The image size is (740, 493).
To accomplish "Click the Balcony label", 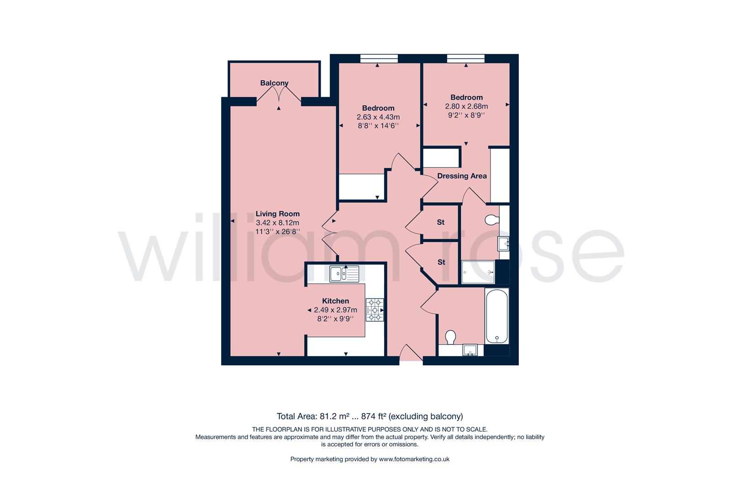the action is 274,83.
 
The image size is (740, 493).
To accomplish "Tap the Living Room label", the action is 278,214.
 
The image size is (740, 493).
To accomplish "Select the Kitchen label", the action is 335,301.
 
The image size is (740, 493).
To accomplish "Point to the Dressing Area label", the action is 462,176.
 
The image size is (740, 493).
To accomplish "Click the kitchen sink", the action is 344,274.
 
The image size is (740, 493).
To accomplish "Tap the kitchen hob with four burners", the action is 375,310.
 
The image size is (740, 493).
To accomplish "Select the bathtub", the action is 497,316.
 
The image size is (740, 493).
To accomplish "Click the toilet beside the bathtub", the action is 450,337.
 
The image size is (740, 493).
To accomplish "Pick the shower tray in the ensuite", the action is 478,272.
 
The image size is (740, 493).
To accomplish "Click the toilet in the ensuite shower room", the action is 492,220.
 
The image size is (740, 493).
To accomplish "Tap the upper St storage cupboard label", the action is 441,222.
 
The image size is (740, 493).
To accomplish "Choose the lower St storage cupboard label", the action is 441,262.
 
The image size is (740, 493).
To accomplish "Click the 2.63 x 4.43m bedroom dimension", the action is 378,117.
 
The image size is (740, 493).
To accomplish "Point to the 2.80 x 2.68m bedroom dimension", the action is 466,106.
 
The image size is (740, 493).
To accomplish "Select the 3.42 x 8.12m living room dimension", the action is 278,223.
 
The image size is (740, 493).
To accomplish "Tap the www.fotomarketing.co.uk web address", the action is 414,459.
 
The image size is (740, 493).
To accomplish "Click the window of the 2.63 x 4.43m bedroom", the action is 379,58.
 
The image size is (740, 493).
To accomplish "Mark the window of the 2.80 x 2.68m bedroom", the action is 466,58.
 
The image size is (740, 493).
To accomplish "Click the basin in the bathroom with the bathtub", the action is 470,350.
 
